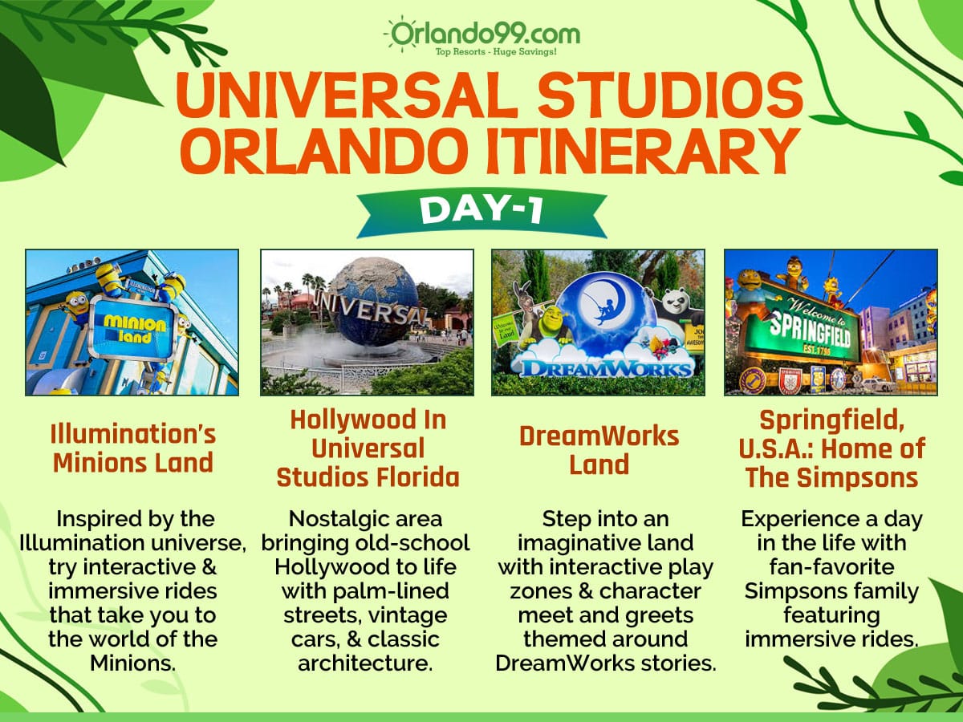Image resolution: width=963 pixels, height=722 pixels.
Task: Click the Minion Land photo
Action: point(132,322)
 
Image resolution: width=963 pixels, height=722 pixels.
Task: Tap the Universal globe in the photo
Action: point(371,305)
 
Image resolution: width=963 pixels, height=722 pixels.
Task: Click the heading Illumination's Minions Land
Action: point(132,449)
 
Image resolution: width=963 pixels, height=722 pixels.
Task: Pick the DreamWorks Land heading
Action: point(599,450)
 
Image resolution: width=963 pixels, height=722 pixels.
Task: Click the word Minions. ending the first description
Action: point(132,664)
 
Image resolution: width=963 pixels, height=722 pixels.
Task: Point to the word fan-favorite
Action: point(831,567)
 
